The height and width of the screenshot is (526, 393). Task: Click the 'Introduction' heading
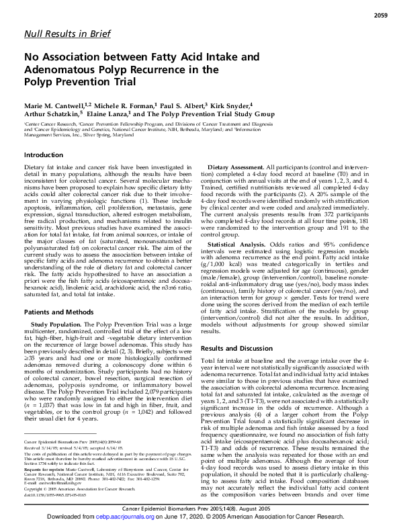tap(44, 155)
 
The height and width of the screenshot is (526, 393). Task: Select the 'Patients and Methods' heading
tap(58, 294)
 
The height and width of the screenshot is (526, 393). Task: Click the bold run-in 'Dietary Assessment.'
tap(236, 166)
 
